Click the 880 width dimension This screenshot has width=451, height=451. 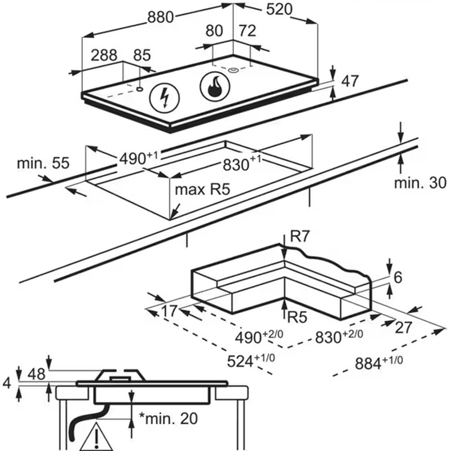click(161, 17)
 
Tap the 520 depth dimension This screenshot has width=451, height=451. click(279, 9)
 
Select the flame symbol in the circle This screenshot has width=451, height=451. click(215, 87)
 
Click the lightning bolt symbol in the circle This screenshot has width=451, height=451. click(165, 98)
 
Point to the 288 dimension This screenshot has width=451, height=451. click(104, 55)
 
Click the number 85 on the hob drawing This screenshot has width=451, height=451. click(142, 55)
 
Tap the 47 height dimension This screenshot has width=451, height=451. click(350, 81)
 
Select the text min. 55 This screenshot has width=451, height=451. click(43, 163)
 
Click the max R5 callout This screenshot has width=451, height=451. click(202, 189)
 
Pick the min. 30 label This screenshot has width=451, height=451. click(420, 183)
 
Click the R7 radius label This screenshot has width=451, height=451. click(299, 236)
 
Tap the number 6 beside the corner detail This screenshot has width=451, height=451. click(398, 277)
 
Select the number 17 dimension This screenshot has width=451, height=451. click(169, 311)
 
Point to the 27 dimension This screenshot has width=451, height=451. click(404, 328)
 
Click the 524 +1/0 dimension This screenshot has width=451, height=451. click(251, 361)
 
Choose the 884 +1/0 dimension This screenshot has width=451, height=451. click(379, 362)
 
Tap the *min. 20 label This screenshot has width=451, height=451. click(168, 418)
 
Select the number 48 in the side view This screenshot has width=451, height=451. click(37, 374)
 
